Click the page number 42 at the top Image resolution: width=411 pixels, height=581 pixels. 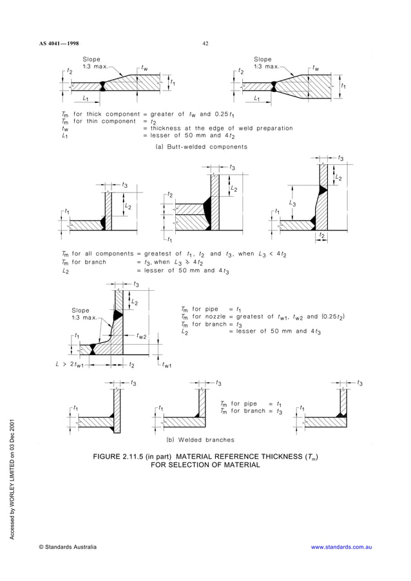pos(205,44)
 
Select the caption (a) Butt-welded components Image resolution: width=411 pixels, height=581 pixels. pos(205,147)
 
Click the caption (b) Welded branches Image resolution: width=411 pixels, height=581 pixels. pos(200,440)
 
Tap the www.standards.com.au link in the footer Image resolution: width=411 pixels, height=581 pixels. pos(341,547)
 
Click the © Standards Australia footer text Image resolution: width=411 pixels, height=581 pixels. pos(68,547)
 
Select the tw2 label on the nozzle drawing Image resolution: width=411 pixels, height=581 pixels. pos(141,336)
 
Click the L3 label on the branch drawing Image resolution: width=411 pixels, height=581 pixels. pos(292,203)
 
